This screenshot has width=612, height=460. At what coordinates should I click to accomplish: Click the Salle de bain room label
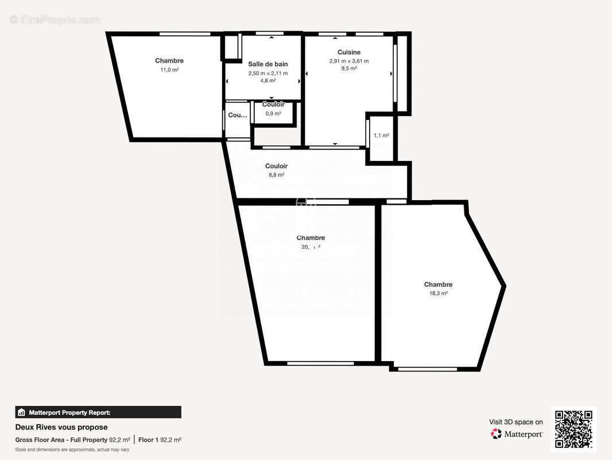(268, 64)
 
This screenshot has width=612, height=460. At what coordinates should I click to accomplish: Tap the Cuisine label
(348, 52)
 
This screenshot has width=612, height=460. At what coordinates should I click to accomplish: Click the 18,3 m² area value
(438, 293)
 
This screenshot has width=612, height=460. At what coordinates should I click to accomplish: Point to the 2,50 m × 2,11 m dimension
(268, 74)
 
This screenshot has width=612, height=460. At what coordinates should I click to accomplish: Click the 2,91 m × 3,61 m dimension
(348, 61)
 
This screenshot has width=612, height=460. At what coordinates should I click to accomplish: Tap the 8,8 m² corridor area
(276, 175)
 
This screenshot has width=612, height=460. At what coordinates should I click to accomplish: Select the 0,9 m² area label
(273, 114)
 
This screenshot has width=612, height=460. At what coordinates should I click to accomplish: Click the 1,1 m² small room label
(381, 136)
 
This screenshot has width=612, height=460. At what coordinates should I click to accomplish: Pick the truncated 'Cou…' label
(237, 115)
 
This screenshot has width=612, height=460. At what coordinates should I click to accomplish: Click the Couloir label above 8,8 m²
(276, 166)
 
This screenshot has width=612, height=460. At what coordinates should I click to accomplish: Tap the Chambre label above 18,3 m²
(438, 285)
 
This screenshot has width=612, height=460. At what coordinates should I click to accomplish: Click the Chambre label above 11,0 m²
(169, 61)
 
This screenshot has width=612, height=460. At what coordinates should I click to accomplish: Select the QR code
(574, 430)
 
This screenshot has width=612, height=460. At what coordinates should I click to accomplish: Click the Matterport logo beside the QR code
(517, 434)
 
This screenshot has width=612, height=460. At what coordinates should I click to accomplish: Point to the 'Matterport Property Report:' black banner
(98, 412)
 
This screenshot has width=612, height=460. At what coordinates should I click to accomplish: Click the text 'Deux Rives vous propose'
(61, 427)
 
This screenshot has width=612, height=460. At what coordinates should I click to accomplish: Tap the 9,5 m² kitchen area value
(348, 68)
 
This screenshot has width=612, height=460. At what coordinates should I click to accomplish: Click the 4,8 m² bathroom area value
(268, 81)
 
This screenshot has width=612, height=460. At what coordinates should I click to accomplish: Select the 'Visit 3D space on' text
(516, 422)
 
